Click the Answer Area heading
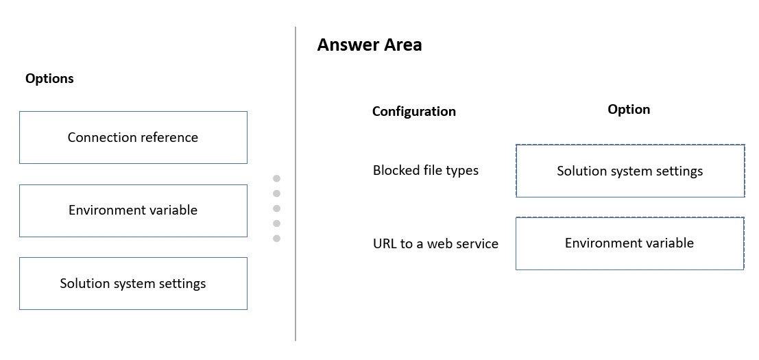coord(370,45)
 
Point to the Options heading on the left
coord(49,78)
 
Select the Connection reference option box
coord(133,137)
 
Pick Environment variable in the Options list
coord(133,211)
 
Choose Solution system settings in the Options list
coord(133,284)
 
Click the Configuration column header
coord(414,112)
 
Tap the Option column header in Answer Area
coord(629,109)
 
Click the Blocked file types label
coord(426,170)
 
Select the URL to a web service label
coord(435,243)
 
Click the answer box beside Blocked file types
coord(629,171)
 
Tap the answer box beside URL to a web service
coord(629,243)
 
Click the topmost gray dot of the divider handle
coord(277,178)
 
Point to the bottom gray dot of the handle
coord(277,239)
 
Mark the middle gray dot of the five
coord(277,208)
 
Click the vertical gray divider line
coord(296,184)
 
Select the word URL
coord(383,243)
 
